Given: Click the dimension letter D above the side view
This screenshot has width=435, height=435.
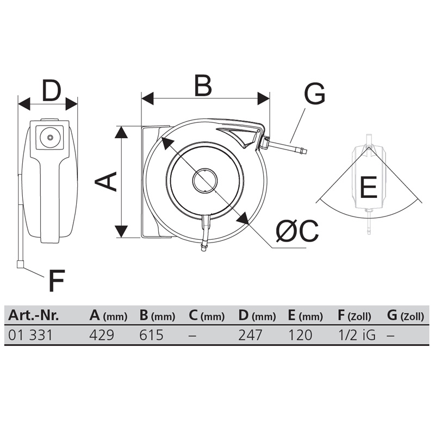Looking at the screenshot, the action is (51, 90).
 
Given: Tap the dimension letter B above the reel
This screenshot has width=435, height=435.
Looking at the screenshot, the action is (203, 85).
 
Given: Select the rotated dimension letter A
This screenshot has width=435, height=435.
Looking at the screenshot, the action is (105, 182).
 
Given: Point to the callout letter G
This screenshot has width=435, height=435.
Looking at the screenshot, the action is (315, 94).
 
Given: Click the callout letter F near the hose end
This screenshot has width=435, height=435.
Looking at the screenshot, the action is (57, 281).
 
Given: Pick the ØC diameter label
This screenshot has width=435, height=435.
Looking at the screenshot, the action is (297, 231).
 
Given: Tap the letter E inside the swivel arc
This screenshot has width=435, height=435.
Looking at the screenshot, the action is (368, 187).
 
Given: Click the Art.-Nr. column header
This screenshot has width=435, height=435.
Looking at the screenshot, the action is (34, 315).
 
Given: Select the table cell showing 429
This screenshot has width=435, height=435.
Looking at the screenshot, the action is (102, 335).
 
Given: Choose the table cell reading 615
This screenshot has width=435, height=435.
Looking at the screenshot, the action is (151, 335).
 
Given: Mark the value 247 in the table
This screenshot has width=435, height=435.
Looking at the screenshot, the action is (250, 335).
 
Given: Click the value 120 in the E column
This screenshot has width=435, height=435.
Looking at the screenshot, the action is (300, 335).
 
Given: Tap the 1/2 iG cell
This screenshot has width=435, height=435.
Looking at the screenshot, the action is (357, 335).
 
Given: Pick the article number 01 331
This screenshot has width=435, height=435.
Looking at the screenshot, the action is (30, 335).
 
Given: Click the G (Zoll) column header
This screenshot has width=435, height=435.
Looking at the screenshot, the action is (405, 316).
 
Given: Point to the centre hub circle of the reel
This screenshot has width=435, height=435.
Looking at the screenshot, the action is (205, 181).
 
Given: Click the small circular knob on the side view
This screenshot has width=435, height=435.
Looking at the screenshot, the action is (49, 138).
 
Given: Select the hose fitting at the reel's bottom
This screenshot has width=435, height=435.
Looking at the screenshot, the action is (204, 246).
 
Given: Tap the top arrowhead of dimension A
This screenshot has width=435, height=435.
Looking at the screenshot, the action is (121, 132).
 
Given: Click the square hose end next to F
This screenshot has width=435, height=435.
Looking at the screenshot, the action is (20, 265).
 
